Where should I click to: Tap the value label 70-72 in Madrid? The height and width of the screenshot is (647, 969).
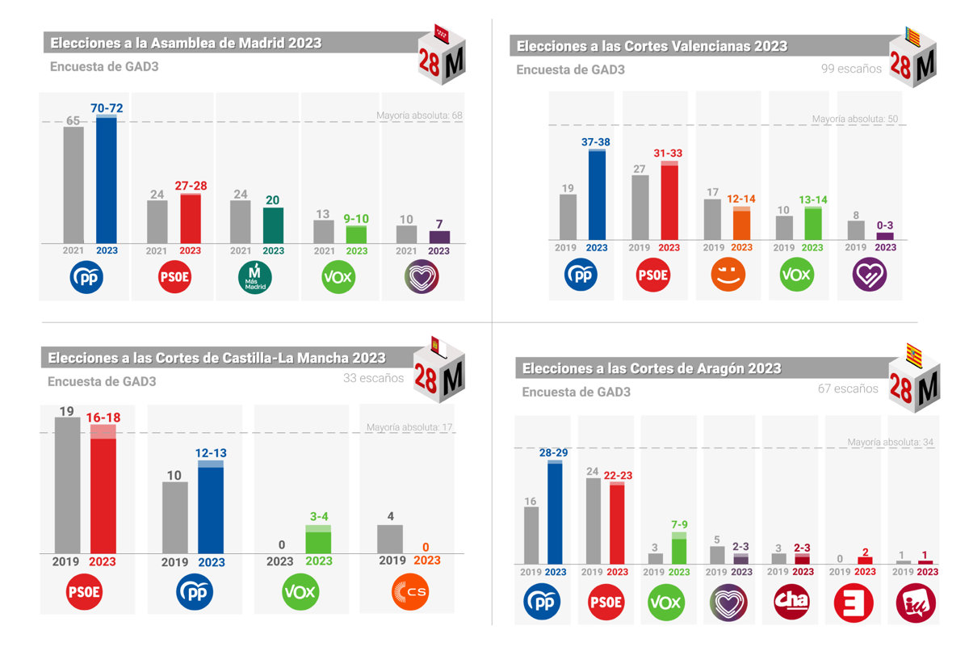point(107,108)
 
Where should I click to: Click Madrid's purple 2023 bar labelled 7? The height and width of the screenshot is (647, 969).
point(439,237)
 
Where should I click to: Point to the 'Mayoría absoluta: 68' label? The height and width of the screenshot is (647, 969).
point(419,116)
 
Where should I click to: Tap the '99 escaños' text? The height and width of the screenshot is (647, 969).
point(851,69)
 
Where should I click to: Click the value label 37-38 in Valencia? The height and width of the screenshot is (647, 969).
point(597,142)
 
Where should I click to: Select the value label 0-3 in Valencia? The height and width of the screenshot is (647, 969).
point(886,225)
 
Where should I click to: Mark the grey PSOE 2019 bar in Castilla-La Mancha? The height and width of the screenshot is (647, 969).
point(68,485)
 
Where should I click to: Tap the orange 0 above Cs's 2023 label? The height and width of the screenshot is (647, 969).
point(427,547)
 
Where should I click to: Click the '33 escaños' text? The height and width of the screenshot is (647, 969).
point(373,378)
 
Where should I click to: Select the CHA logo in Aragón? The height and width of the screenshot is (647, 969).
point(791,602)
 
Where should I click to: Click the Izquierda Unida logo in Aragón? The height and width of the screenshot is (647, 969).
point(916,602)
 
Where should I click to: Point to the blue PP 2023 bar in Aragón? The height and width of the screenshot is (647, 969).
point(555,512)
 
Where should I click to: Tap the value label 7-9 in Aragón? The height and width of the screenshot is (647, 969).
point(679,525)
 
